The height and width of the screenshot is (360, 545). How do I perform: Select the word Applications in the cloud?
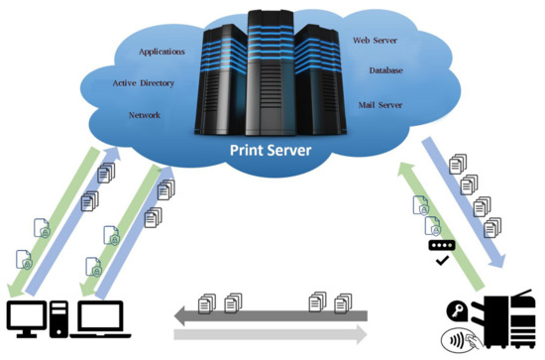(162, 52)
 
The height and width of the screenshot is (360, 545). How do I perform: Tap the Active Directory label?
(144, 83)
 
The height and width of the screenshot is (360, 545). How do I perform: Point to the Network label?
(145, 115)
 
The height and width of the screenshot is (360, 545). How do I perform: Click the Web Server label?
(376, 40)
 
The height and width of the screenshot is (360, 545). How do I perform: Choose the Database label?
(384, 70)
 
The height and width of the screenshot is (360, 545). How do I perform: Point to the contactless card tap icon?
(459, 336)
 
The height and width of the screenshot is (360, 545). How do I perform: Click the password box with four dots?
(442, 245)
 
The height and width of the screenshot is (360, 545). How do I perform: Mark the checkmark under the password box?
(442, 261)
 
